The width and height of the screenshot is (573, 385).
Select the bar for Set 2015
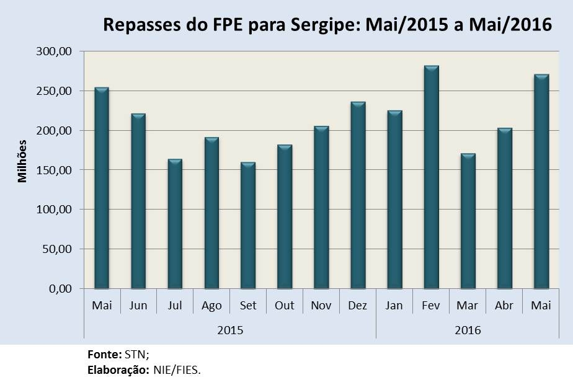click(248, 226)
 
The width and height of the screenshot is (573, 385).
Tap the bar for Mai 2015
click(102, 188)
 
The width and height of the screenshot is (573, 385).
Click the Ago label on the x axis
click(211, 306)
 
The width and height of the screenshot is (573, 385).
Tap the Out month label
click(285, 306)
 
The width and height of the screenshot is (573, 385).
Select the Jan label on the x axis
click(394, 306)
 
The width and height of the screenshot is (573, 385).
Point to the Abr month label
click(504, 306)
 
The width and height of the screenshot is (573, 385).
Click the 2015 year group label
click(229, 330)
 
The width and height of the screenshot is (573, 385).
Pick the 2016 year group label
click(468, 330)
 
